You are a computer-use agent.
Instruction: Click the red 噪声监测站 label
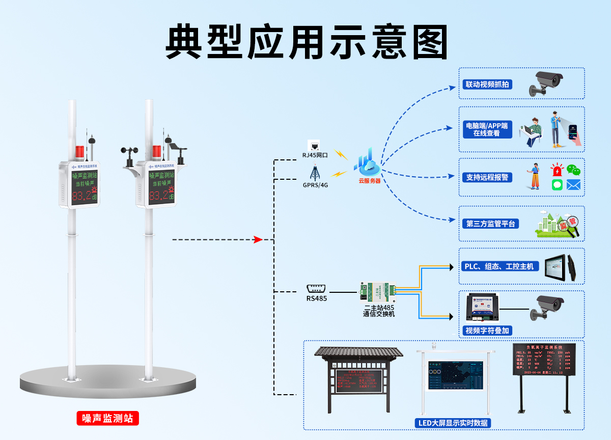point(107,418)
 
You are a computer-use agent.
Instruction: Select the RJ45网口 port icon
point(315,145)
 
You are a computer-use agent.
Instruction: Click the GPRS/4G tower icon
point(315,172)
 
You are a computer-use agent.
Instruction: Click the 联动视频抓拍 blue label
point(487,84)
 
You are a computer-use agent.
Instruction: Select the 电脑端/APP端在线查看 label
point(486,129)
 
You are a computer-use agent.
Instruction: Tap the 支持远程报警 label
point(487,177)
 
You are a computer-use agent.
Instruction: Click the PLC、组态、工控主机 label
point(499,266)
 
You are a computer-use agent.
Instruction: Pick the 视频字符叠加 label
point(487,331)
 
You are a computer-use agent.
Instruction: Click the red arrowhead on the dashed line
point(258,239)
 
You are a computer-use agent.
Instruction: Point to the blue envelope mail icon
point(573,184)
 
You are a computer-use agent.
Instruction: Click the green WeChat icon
point(573,170)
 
